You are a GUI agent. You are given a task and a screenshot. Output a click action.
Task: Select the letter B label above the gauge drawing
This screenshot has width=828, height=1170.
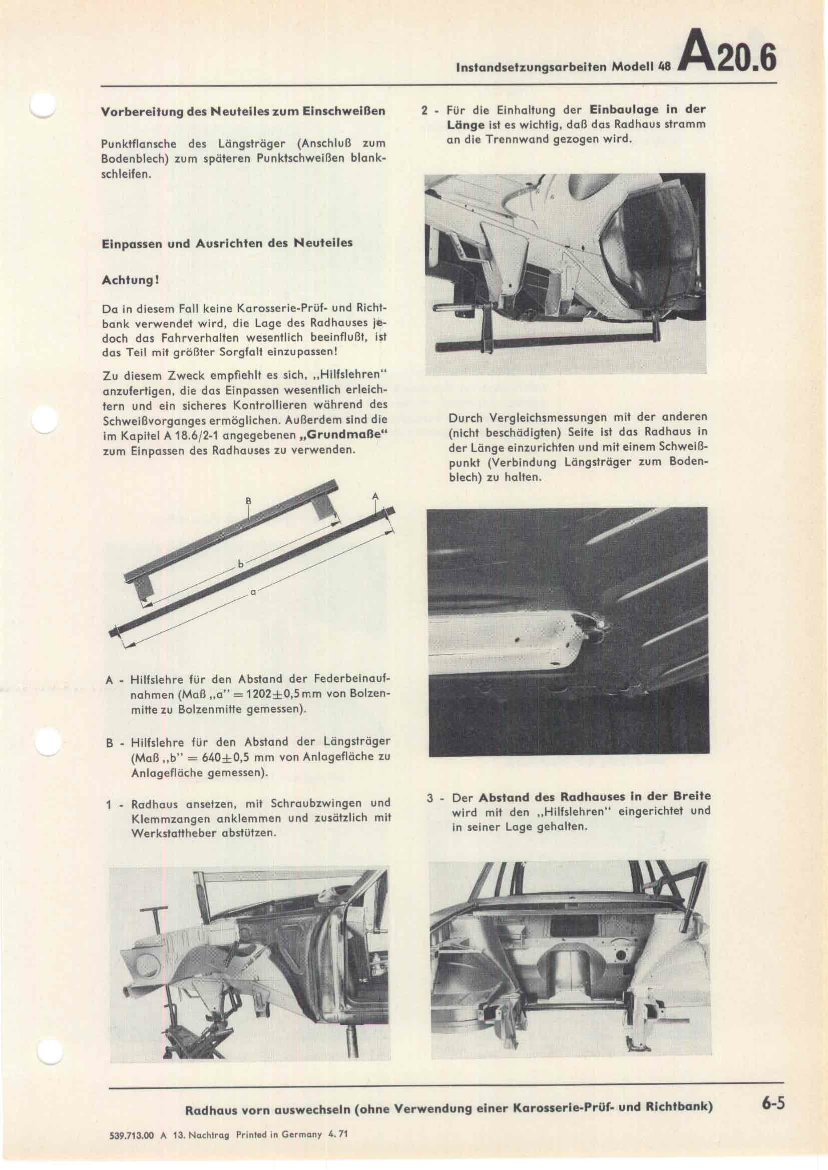tap(248, 500)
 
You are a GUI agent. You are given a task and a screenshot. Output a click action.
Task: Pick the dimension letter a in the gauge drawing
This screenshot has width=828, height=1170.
tap(253, 592)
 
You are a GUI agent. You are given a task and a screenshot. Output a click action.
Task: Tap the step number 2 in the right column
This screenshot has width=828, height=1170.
tap(424, 110)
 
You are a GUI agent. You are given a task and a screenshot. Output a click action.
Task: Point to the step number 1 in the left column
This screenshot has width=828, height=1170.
tap(109, 806)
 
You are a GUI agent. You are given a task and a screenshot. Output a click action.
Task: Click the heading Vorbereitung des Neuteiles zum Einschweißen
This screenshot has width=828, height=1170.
tap(243, 111)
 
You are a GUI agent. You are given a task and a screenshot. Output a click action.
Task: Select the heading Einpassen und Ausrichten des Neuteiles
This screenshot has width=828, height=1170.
tap(227, 243)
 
